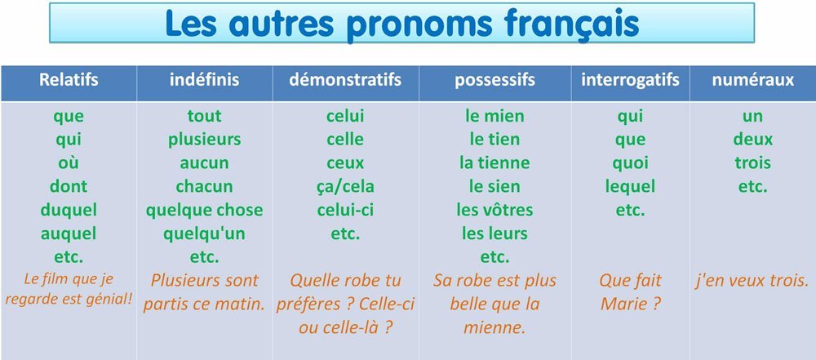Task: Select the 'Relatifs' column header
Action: coord(69,80)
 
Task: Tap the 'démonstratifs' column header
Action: coord(345,80)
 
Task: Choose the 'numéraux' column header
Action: coord(753,80)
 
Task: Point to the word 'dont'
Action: coord(69,186)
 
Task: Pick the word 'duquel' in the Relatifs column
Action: coord(69,211)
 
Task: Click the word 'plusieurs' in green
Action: coord(205,140)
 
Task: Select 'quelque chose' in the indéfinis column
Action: coord(205,210)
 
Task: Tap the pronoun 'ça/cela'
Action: coord(345,186)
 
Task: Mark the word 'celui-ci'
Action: coord(345,210)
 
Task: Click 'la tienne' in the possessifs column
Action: coord(495,162)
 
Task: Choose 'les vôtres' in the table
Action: coord(495,210)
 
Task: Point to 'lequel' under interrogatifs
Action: coord(630,186)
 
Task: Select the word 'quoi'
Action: coord(630,163)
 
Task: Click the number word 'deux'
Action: coord(753,139)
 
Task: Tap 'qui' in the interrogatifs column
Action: coord(630,116)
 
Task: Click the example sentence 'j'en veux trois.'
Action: coord(753,282)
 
